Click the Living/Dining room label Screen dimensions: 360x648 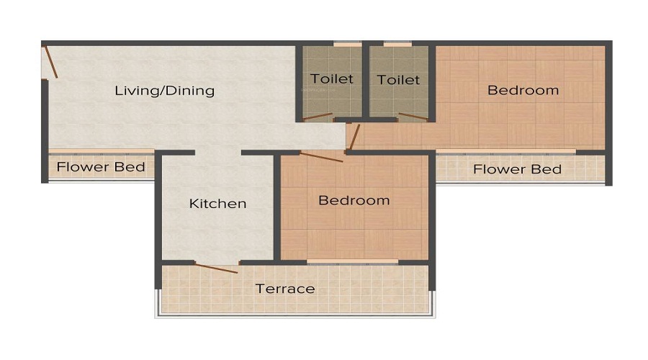pyautogui.click(x=165, y=91)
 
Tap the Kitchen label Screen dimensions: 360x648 pyautogui.click(x=217, y=204)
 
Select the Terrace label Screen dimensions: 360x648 pyautogui.click(x=285, y=289)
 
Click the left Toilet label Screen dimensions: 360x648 pyautogui.click(x=332, y=78)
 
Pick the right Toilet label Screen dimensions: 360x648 pyautogui.click(x=398, y=79)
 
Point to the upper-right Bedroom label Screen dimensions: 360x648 pyautogui.click(x=523, y=90)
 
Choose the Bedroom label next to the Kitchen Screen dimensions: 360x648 pyautogui.click(x=354, y=200)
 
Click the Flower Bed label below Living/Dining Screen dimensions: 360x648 pyautogui.click(x=101, y=168)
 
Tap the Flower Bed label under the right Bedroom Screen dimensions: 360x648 pyautogui.click(x=517, y=169)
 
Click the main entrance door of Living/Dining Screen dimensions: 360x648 pyautogui.click(x=50, y=62)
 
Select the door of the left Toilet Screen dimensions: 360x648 pyautogui.click(x=318, y=117)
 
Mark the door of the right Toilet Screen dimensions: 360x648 pyautogui.click(x=413, y=117)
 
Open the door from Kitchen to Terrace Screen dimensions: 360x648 pyautogui.click(x=217, y=269)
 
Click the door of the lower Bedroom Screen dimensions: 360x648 pyautogui.click(x=321, y=157)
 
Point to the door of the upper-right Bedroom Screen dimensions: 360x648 pyautogui.click(x=354, y=138)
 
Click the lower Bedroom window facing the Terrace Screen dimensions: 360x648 pyautogui.click(x=353, y=261)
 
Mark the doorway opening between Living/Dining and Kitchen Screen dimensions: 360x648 pyautogui.click(x=217, y=153)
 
